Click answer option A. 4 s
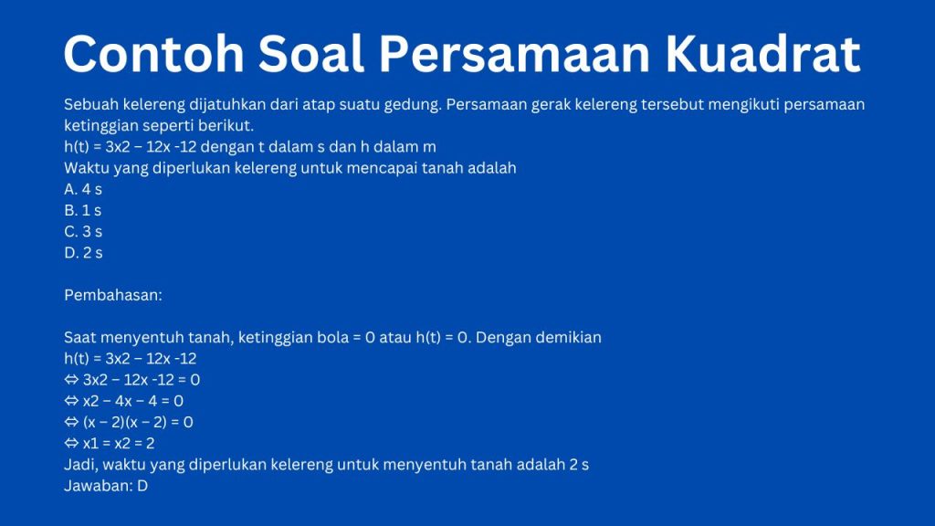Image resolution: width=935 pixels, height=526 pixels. [x=83, y=190]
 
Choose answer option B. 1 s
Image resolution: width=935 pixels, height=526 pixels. [x=83, y=211]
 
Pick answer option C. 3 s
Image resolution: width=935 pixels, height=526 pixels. [x=83, y=232]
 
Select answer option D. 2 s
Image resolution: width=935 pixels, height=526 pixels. [x=83, y=253]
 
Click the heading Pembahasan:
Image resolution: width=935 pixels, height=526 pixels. [x=113, y=295]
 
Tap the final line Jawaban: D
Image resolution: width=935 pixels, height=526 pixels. [x=106, y=487]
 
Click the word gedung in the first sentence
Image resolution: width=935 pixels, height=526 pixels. [x=415, y=105]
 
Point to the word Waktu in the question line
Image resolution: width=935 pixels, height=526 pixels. [x=87, y=168]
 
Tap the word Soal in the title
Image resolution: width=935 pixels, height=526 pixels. [x=310, y=54]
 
